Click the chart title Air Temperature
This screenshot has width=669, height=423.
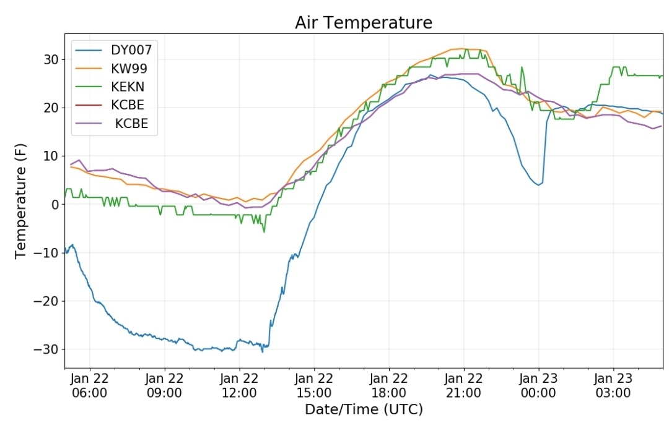[364, 23]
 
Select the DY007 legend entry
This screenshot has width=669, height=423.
[113, 50]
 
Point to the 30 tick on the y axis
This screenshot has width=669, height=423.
[51, 59]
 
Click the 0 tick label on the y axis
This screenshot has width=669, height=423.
[55, 205]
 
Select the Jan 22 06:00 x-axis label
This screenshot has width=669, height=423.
[90, 385]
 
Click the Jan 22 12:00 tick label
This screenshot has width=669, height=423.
[239, 385]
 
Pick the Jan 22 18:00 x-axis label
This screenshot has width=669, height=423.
[388, 385]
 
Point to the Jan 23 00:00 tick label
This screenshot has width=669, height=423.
[538, 385]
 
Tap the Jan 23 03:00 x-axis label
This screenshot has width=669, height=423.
[613, 385]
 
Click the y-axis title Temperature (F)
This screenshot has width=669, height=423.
[20, 201]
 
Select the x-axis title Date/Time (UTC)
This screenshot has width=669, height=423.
[364, 409]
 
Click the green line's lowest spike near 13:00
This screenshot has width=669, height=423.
[264, 232]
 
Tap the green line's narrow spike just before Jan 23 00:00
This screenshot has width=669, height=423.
[522, 67]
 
